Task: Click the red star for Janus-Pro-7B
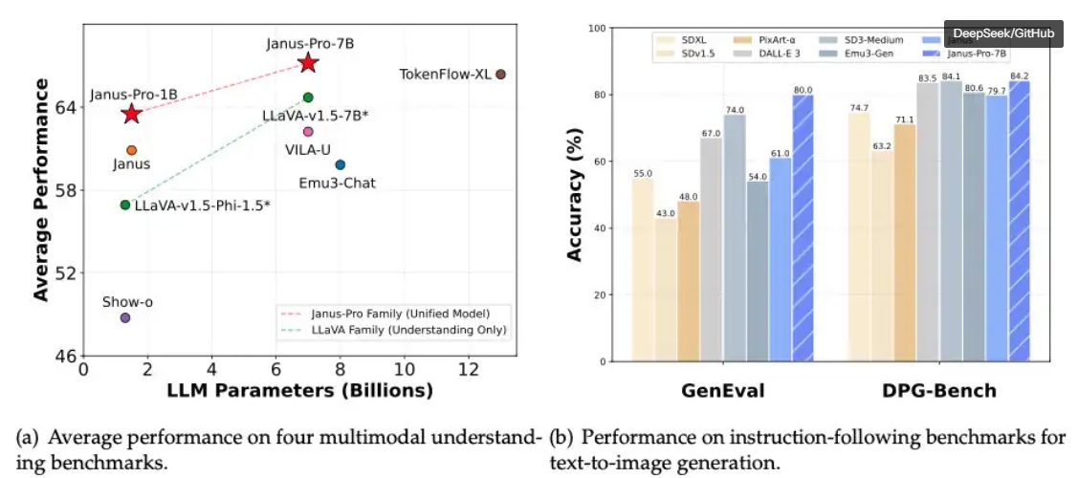308,63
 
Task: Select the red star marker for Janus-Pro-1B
131,114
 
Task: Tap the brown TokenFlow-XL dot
500,74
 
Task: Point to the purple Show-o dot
125,317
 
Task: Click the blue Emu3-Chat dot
340,164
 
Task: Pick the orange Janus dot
131,150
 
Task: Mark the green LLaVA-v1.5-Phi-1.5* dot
125,205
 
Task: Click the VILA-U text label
307,149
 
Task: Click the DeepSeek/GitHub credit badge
1003,33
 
